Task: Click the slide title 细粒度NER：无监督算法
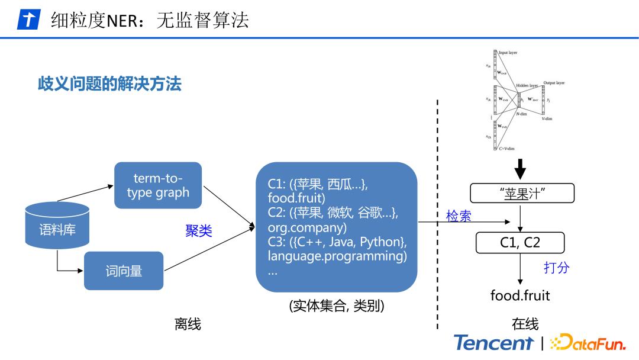[150, 20]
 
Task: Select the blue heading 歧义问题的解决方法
[109, 83]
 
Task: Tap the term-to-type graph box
[158, 185]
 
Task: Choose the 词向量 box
[124, 271]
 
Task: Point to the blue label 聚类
[199, 231]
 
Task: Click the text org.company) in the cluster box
[307, 228]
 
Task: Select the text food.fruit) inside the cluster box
[296, 198]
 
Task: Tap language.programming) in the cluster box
[337, 256]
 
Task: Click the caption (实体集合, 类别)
[336, 306]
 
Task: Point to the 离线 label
[188, 324]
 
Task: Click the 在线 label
[525, 324]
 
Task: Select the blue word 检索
[459, 216]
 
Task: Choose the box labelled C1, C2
[519, 243]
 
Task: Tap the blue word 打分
[556, 267]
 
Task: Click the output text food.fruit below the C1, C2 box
[519, 295]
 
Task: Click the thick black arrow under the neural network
[520, 168]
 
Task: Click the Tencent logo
[493, 343]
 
